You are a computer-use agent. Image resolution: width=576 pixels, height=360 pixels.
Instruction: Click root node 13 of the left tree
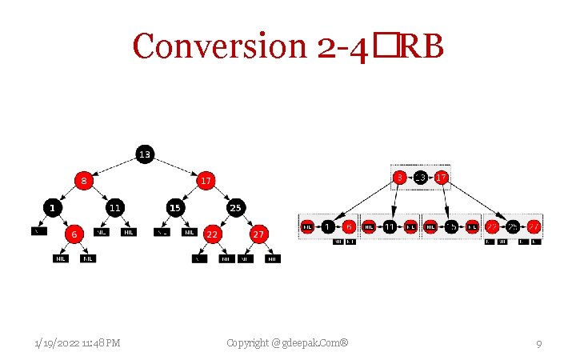pos(144,154)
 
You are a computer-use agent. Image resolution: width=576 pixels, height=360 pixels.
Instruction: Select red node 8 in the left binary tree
pos(83,181)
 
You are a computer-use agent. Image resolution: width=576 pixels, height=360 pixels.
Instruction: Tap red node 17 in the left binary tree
pos(206,181)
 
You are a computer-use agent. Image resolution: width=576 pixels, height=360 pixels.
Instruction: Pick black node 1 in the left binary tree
pos(53,208)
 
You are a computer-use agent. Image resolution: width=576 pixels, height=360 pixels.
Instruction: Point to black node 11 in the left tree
pos(114,208)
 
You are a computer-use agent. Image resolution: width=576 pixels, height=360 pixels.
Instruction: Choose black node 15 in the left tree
pos(174,208)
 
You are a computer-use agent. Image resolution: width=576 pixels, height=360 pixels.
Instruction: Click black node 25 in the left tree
pos(236,208)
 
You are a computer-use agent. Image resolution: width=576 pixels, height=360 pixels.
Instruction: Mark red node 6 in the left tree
pos(74,234)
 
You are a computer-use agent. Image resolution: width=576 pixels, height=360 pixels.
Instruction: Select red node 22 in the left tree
pos(213,234)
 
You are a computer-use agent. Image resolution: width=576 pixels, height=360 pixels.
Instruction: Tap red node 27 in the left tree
pos(258,234)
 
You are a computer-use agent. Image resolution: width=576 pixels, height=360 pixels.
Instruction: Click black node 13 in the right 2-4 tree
pos(420,177)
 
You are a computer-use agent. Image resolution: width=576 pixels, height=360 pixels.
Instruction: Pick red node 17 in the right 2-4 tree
pos(439,177)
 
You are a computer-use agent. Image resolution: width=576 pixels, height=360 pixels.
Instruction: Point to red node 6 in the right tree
pos(349,227)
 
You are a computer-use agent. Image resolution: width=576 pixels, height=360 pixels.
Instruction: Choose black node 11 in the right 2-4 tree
pos(390,227)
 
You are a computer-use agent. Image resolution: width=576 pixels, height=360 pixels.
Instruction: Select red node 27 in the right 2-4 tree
pos(534,227)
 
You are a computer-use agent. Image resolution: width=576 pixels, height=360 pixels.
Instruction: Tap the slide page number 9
pos(539,344)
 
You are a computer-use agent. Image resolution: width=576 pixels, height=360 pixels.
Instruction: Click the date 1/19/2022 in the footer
pos(57,343)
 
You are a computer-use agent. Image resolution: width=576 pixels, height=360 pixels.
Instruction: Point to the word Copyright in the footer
pos(249,343)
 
